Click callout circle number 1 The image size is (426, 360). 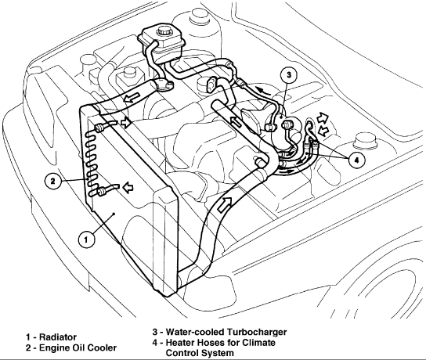86,239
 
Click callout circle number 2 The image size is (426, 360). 53,181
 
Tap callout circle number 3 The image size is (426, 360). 288,74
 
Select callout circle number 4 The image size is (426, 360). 356,160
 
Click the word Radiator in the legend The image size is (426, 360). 58,337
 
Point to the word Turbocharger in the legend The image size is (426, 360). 257,332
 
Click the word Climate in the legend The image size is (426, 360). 258,342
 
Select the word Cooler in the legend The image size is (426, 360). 103,347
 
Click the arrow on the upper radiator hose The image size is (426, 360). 132,97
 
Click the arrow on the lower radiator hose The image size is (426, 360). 225,204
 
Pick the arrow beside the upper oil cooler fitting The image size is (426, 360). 126,123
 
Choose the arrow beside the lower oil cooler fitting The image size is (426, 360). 128,187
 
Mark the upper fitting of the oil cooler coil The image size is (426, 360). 99,128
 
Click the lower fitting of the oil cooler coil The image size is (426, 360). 103,191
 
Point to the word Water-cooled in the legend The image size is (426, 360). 195,332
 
